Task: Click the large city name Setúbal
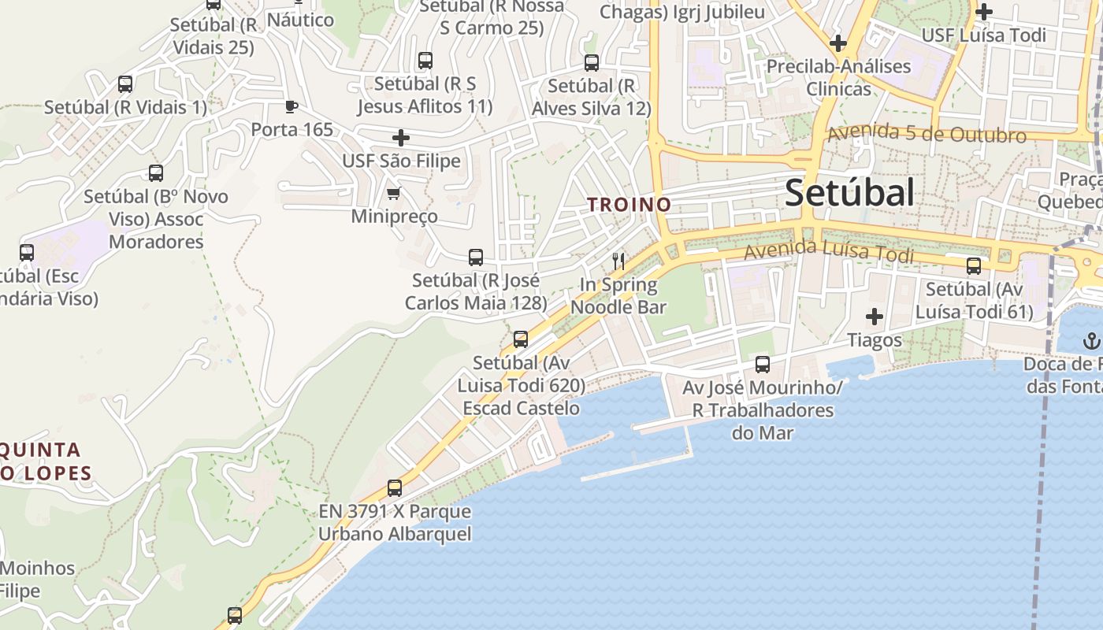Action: click(x=849, y=193)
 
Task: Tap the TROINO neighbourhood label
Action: click(x=629, y=205)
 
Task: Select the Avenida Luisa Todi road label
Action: click(x=829, y=252)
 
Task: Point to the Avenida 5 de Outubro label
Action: click(x=926, y=133)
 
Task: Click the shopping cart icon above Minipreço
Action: click(x=393, y=193)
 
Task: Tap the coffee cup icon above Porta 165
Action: click(x=292, y=106)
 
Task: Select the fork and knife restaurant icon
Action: click(x=618, y=261)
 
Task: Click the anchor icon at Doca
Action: click(x=1091, y=341)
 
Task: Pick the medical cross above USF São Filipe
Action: click(x=401, y=138)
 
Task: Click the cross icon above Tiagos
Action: click(x=874, y=317)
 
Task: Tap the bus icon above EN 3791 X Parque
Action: click(x=395, y=488)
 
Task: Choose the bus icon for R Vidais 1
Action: click(x=125, y=84)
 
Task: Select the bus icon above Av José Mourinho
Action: click(x=762, y=365)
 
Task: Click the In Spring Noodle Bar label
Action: click(x=618, y=296)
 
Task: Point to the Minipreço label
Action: click(x=394, y=217)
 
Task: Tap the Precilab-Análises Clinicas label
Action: click(x=838, y=77)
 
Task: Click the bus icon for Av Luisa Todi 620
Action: click(x=521, y=339)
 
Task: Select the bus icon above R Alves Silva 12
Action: click(x=592, y=63)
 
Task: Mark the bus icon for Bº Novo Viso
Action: click(x=156, y=173)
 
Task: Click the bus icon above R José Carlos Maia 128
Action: click(x=476, y=258)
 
